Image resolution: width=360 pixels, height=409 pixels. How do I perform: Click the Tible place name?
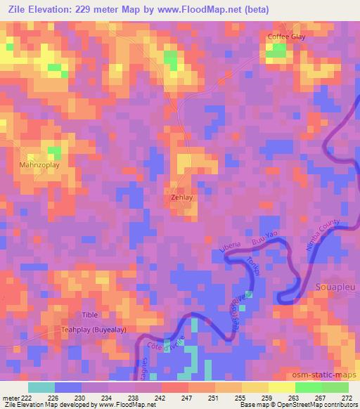[90, 314]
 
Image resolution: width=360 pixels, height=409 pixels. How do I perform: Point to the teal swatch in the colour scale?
[41, 387]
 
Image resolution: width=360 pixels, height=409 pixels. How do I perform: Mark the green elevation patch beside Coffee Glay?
[279, 51]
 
